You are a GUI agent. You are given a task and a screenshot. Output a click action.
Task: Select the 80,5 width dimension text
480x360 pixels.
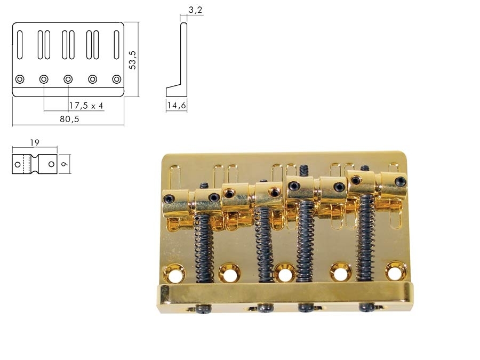(x=69, y=119)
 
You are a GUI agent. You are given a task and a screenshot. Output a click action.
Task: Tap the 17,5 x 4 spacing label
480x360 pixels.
(x=86, y=106)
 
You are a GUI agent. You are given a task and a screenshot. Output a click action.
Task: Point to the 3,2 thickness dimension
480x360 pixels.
(x=196, y=10)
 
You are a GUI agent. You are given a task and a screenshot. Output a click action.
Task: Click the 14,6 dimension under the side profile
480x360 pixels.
(x=176, y=106)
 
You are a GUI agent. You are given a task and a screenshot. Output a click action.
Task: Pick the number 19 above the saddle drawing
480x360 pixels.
(x=35, y=143)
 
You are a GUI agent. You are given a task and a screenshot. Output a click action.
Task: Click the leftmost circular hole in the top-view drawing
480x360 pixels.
(x=20, y=79)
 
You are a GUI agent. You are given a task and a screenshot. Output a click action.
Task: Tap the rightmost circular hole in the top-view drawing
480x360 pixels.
(x=116, y=79)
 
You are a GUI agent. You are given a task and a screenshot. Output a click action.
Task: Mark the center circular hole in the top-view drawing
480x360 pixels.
(x=68, y=79)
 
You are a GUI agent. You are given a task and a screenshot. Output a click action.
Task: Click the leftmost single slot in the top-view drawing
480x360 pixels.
(x=20, y=45)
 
